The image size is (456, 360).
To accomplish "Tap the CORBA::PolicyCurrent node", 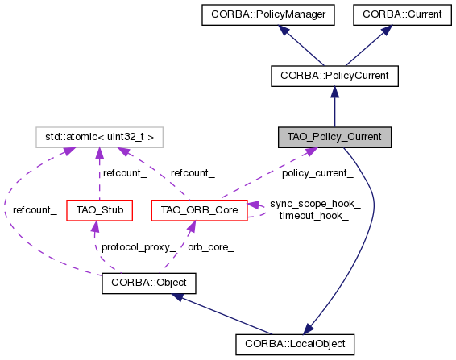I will coord(334,76).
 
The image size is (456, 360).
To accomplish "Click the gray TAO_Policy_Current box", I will coord(334,137).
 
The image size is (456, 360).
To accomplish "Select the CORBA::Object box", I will coord(148,283).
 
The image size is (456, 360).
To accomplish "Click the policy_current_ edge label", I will coord(317,173).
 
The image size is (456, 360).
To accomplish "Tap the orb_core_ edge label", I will coord(210,247).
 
